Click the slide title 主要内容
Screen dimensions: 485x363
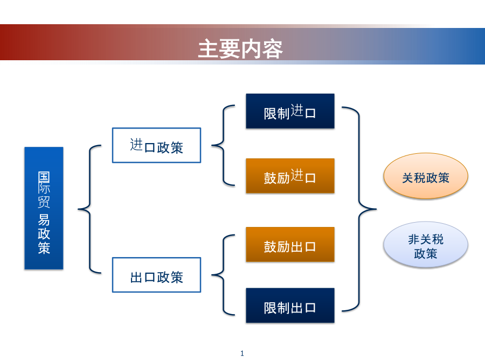click(x=240, y=49)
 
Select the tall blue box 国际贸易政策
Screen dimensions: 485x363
click(x=44, y=208)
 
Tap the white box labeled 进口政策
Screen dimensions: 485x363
click(x=156, y=145)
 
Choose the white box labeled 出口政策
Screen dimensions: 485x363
click(x=156, y=275)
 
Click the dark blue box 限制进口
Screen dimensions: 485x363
click(x=290, y=111)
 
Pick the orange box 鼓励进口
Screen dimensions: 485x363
click(x=290, y=176)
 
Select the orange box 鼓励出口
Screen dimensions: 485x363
click(x=290, y=245)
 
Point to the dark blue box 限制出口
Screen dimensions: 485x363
click(x=290, y=305)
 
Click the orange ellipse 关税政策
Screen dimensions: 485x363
click(x=426, y=176)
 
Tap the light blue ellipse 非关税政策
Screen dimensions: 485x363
click(x=426, y=245)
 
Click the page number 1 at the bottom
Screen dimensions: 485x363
click(x=242, y=353)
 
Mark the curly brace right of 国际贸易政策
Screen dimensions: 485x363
click(x=89, y=209)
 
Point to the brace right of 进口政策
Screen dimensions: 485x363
click(x=223, y=145)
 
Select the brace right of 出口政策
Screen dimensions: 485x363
click(x=223, y=275)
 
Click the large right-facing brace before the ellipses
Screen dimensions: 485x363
click(x=359, y=209)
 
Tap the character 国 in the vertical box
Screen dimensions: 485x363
click(x=44, y=177)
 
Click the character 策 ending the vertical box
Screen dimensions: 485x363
click(x=44, y=248)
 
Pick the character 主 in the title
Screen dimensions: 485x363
click(x=209, y=49)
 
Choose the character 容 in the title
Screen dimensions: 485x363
click(x=273, y=49)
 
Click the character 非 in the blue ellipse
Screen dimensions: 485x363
click(x=414, y=239)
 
